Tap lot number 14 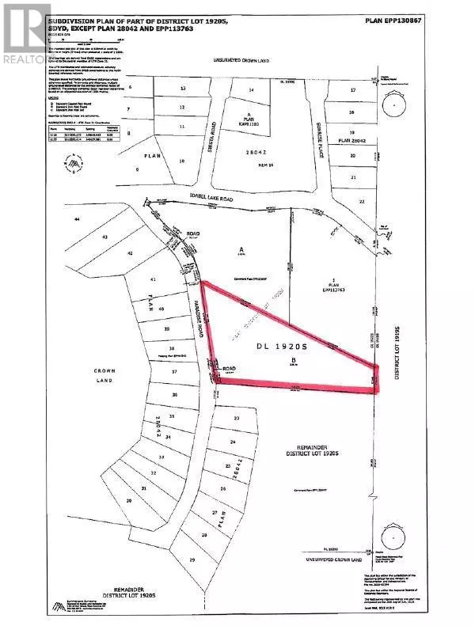(x=252, y=91)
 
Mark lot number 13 (x=183, y=89)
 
